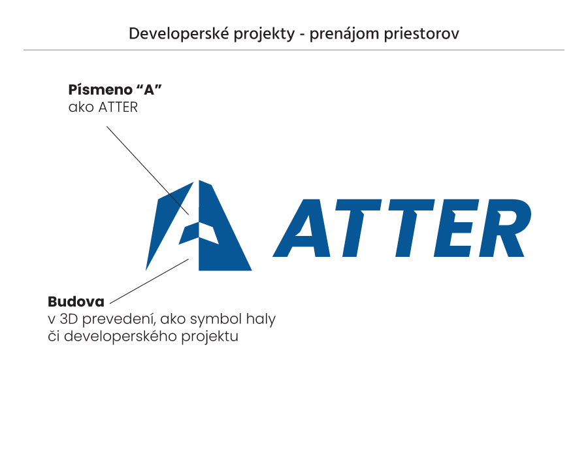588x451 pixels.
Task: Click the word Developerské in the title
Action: click(x=179, y=34)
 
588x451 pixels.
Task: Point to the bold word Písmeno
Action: click(x=101, y=90)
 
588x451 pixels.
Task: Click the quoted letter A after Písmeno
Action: click(x=149, y=90)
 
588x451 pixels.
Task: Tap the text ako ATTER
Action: click(x=103, y=107)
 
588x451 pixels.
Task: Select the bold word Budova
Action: click(x=76, y=301)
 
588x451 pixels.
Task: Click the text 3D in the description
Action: click(x=69, y=319)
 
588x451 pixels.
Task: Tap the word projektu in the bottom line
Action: click(x=210, y=337)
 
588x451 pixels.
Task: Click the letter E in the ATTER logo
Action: click(x=457, y=228)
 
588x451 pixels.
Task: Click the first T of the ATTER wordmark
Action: click(x=358, y=228)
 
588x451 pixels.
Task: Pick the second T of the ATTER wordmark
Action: click(x=411, y=228)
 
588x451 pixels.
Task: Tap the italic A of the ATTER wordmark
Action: click(x=308, y=228)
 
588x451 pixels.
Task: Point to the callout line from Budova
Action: click(x=149, y=281)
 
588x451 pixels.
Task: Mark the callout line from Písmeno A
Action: click(x=148, y=171)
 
